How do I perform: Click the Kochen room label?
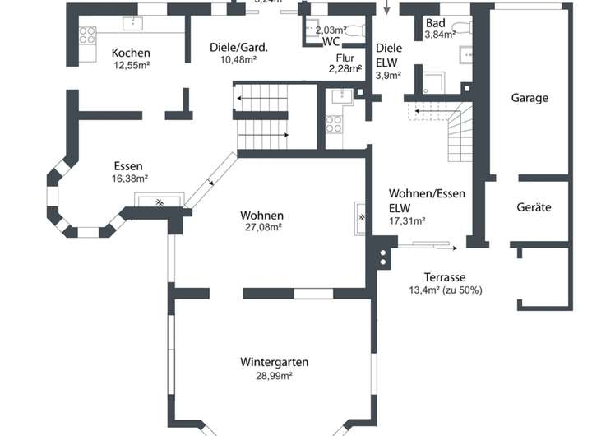pyautogui.click(x=131, y=53)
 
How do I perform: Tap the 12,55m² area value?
pyautogui.click(x=131, y=65)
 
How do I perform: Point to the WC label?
pyautogui.click(x=331, y=41)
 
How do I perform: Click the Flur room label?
pyautogui.click(x=345, y=58)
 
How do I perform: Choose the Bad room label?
pyautogui.click(x=435, y=23)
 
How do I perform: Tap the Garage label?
pyautogui.click(x=530, y=98)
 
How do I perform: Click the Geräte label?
pyautogui.click(x=534, y=207)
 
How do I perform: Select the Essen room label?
pyautogui.click(x=129, y=165)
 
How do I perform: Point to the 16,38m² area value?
pyautogui.click(x=129, y=178)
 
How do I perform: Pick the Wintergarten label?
pyautogui.click(x=275, y=362)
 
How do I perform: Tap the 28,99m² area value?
pyautogui.click(x=275, y=375)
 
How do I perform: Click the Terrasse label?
pyautogui.click(x=445, y=277)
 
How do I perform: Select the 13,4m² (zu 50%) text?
pyautogui.click(x=445, y=290)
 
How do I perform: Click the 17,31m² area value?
pyautogui.click(x=406, y=220)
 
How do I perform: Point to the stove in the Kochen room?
pyautogui.click(x=86, y=35)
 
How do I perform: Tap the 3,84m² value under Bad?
pyautogui.click(x=440, y=35)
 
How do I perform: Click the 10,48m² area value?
pyautogui.click(x=238, y=59)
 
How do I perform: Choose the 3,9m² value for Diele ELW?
pyautogui.click(x=388, y=76)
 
